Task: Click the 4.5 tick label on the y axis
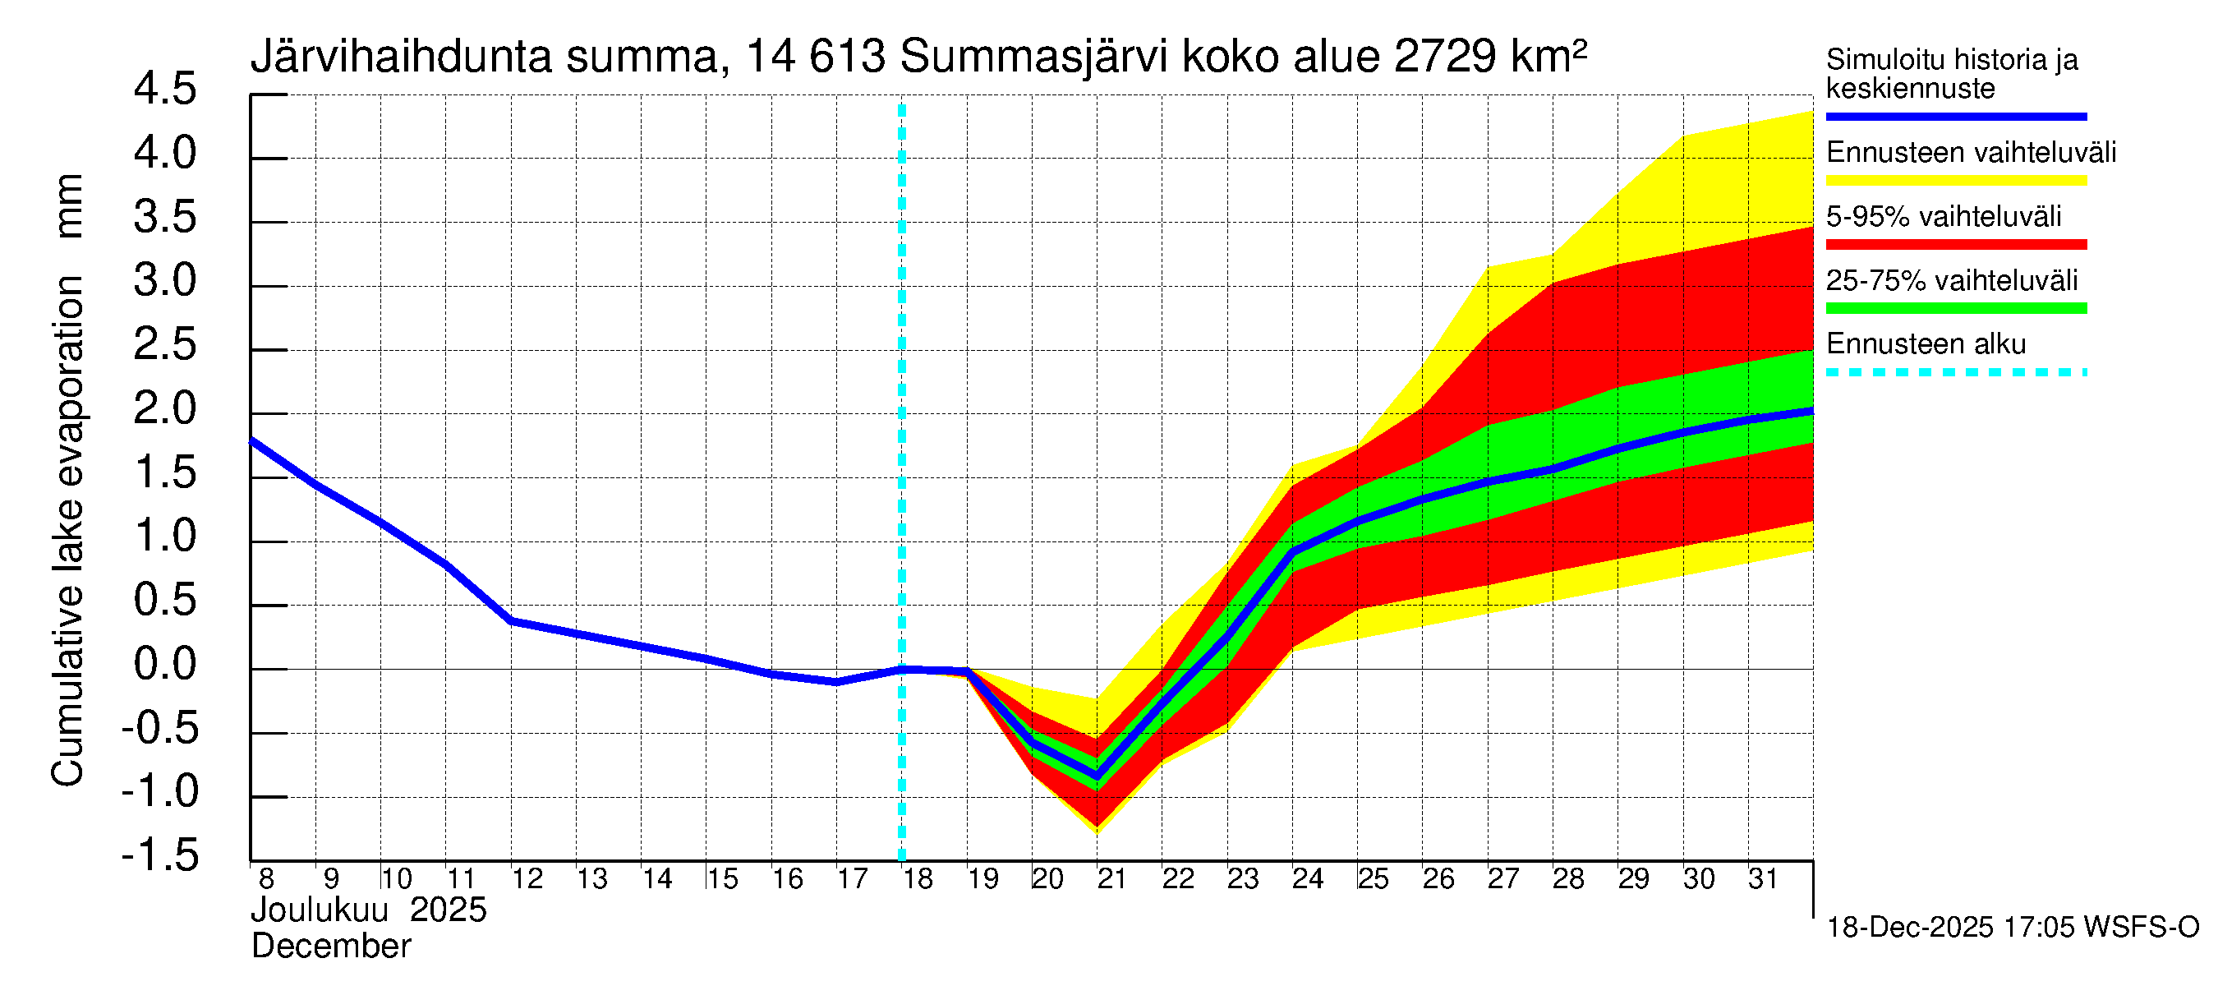click(164, 90)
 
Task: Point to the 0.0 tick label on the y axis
click(164, 665)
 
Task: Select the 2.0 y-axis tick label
click(164, 409)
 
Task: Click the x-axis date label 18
click(918, 879)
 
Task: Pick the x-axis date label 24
click(1307, 879)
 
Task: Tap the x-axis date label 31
click(1763, 879)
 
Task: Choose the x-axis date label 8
click(266, 879)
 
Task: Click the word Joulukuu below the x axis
click(320, 911)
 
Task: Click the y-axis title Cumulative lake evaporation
click(67, 531)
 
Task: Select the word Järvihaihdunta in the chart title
click(400, 57)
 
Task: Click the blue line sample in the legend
click(1955, 116)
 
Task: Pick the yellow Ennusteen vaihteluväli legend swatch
click(1955, 181)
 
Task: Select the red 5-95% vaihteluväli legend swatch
click(1955, 245)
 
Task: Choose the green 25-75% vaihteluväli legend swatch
click(1955, 308)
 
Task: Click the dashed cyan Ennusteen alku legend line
click(1955, 373)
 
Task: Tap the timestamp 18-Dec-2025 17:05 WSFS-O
click(2012, 928)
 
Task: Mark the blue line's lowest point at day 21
click(1097, 777)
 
